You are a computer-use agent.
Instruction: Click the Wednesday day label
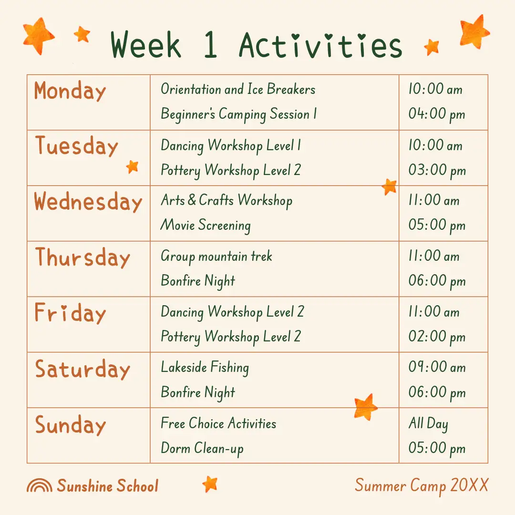click(88, 202)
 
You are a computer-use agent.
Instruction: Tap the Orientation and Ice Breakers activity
click(238, 89)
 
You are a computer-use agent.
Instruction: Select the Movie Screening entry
click(206, 225)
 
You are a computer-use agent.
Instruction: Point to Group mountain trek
click(216, 257)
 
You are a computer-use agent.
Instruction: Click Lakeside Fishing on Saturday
click(205, 368)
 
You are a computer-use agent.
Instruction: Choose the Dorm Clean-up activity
click(202, 449)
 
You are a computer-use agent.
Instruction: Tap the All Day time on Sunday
click(428, 423)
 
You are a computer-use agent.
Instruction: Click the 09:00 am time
click(437, 367)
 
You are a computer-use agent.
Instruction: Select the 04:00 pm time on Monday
click(437, 114)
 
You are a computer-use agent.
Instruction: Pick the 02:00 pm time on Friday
click(437, 337)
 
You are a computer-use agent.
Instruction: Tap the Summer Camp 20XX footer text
click(422, 486)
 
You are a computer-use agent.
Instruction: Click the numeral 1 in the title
click(210, 45)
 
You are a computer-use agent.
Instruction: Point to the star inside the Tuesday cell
click(133, 167)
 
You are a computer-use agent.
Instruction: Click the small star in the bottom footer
click(210, 484)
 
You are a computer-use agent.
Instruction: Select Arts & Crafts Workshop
click(227, 200)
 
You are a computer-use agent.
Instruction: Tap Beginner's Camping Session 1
click(239, 114)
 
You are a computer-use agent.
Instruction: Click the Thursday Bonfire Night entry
click(198, 281)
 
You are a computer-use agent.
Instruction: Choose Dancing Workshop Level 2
click(233, 312)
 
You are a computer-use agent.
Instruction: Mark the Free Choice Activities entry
click(218, 423)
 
